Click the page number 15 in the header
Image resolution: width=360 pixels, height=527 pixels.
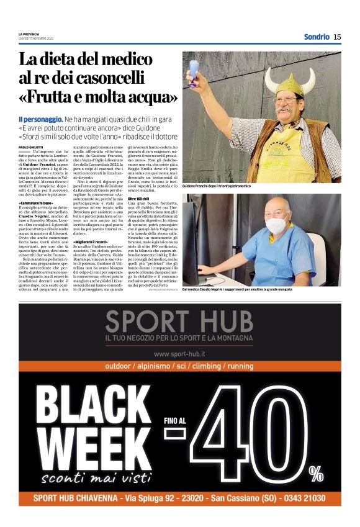(337, 37)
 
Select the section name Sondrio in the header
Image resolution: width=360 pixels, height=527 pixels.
(317, 37)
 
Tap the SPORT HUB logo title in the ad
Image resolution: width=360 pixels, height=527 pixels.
(179, 321)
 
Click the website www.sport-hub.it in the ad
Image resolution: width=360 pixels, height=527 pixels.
(179, 353)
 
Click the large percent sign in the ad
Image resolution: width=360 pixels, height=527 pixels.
(317, 474)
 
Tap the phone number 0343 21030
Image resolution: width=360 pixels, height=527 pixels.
(304, 498)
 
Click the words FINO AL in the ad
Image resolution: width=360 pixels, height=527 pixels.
(175, 420)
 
